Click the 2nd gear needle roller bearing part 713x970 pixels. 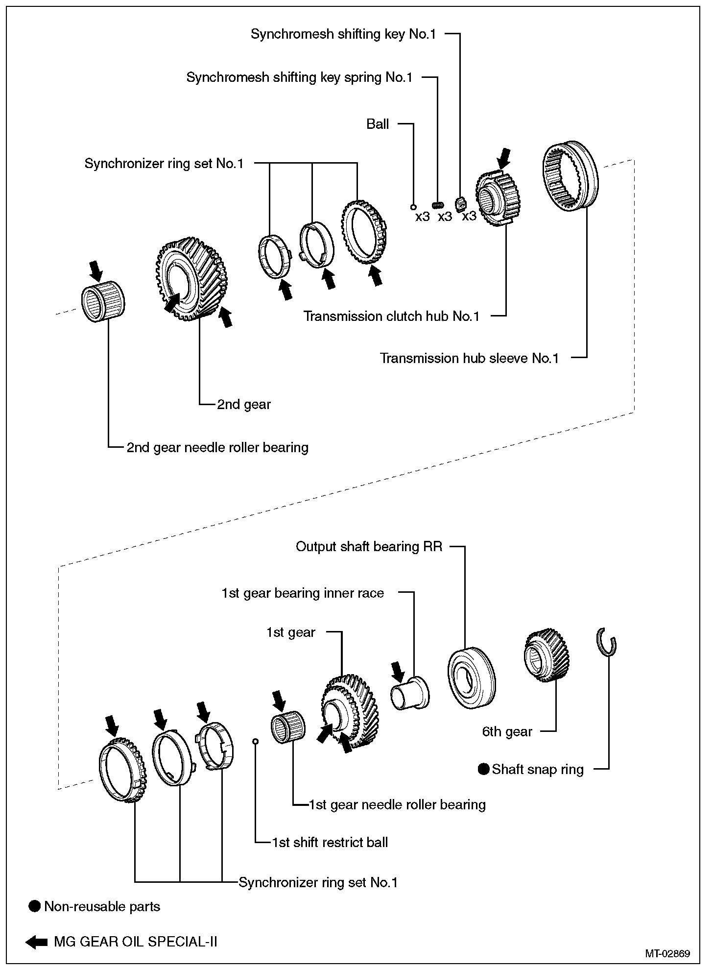pyautogui.click(x=102, y=302)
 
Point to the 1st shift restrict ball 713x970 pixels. pyautogui.click(x=255, y=741)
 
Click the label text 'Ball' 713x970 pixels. pyautogui.click(x=378, y=124)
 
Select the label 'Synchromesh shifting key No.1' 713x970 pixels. pyautogui.click(x=343, y=34)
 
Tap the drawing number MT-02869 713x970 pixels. pyautogui.click(x=667, y=953)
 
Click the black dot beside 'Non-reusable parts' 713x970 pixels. pyautogui.click(x=34, y=906)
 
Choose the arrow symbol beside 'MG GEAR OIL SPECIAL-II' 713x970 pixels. pyautogui.click(x=36, y=942)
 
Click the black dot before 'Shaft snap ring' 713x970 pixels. pyautogui.click(x=484, y=769)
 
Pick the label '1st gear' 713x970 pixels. pyautogui.click(x=290, y=632)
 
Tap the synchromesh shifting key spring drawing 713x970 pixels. pyautogui.click(x=438, y=204)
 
